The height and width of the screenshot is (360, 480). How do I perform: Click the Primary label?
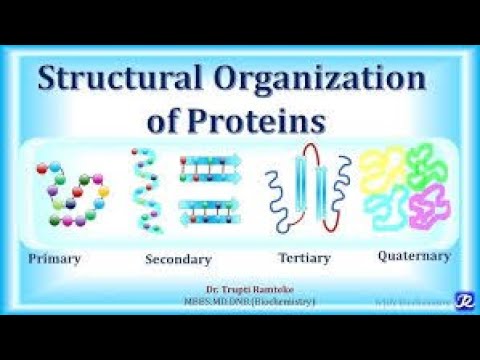[55, 258]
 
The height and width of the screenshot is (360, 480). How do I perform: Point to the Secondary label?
[178, 259]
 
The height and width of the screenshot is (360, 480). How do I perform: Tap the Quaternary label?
[413, 256]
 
